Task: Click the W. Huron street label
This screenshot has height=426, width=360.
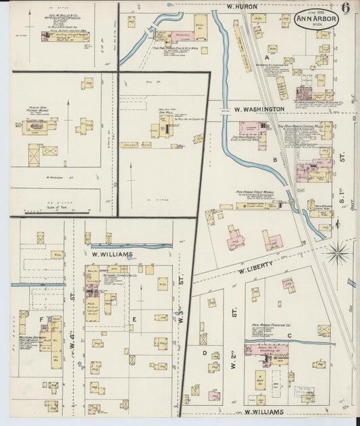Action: [x=238, y=7]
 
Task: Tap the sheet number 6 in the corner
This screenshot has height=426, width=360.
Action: [x=346, y=9]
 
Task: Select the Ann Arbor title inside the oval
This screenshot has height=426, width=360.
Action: [x=316, y=19]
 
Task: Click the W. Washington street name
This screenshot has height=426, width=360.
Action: [x=259, y=108]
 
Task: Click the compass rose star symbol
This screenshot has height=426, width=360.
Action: [x=337, y=253]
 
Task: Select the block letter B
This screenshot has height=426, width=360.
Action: [x=275, y=160]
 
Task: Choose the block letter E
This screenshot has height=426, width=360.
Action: [x=134, y=319]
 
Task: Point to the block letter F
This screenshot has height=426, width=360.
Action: [x=41, y=320]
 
